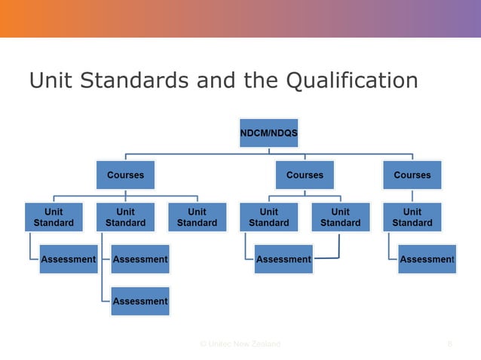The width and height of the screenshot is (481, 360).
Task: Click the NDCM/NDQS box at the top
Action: click(268, 133)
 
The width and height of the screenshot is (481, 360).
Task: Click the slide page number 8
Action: click(449, 343)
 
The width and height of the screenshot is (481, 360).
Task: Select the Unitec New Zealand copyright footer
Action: click(240, 343)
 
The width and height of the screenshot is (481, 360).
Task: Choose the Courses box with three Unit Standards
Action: click(125, 175)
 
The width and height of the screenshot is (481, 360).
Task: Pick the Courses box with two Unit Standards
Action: click(305, 175)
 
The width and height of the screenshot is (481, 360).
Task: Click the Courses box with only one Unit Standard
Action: click(412, 175)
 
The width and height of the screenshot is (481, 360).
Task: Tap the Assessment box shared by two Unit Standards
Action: click(283, 259)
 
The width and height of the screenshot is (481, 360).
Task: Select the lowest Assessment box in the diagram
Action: click(140, 301)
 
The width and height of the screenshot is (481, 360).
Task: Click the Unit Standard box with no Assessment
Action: click(197, 217)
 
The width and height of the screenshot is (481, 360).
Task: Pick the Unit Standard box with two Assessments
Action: click(125, 217)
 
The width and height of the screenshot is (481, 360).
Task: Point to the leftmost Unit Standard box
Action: click(54, 217)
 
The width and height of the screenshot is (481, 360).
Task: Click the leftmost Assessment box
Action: click(68, 259)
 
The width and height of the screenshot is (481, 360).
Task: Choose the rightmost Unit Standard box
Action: click(412, 217)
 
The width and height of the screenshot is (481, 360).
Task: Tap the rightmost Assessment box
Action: click(427, 259)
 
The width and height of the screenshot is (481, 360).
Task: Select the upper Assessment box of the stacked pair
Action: click(140, 259)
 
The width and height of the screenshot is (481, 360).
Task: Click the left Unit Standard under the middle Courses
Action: click(269, 217)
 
